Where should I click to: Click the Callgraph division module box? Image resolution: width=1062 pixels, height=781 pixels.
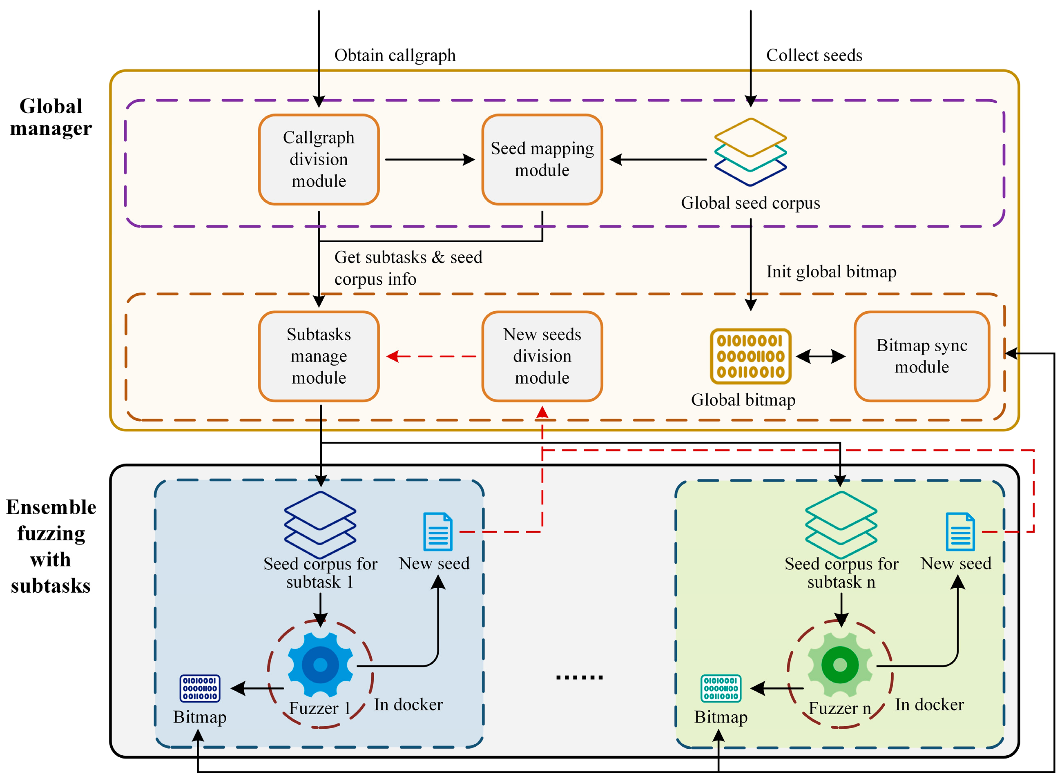pos(319,159)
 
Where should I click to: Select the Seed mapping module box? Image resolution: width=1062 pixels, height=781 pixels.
pos(542,159)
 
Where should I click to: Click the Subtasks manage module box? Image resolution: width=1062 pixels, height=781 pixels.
pos(319,356)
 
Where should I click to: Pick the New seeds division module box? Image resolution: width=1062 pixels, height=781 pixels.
pos(542,356)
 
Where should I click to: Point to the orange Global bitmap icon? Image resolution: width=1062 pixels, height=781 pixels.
pos(750,356)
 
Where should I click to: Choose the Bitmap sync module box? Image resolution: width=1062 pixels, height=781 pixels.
pos(921,356)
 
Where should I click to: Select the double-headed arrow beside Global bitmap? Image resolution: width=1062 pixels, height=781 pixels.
pos(821,356)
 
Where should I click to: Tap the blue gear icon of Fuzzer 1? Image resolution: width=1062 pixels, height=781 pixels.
pos(321,664)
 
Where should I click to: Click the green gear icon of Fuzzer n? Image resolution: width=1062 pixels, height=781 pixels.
pos(840,664)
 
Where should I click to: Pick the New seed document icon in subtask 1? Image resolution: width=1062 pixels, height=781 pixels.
pos(437,531)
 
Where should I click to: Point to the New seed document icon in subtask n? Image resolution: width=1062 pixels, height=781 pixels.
pos(960,531)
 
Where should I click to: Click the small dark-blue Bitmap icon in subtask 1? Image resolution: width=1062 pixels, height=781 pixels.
pos(200,688)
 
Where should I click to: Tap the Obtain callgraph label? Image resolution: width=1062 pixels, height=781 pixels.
pos(395,55)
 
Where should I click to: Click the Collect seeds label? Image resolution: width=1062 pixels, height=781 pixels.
pos(814,55)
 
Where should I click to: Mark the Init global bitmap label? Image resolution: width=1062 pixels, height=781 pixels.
pos(831,271)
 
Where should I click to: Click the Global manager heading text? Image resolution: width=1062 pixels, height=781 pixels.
pos(51,117)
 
